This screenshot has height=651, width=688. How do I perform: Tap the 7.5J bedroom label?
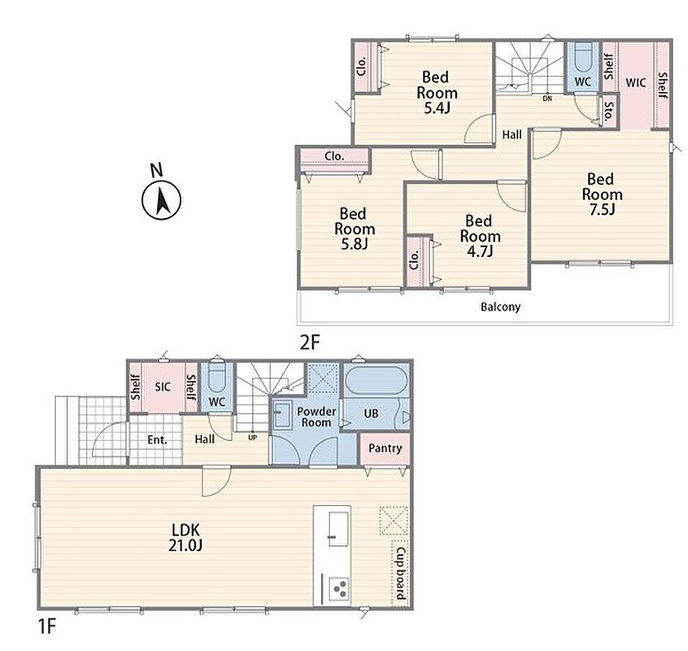click(602, 194)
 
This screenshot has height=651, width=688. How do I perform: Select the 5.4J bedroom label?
click(437, 93)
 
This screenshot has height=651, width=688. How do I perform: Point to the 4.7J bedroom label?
click(480, 236)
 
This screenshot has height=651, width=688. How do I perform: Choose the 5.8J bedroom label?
click(354, 229)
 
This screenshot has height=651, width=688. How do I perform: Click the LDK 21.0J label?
click(185, 537)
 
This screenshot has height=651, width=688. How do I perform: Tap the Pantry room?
click(385, 448)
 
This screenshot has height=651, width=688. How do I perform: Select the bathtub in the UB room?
click(377, 380)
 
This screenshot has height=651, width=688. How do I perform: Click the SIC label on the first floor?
click(163, 387)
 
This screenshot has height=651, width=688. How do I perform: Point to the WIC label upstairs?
click(635, 82)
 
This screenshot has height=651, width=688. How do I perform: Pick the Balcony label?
click(501, 307)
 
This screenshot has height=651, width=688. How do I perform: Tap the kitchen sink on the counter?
click(338, 528)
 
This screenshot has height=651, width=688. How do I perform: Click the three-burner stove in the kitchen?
click(338, 589)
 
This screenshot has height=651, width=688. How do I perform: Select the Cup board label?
click(400, 573)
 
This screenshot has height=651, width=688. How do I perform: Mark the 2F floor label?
click(310, 343)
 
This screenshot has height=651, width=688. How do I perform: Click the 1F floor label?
click(47, 626)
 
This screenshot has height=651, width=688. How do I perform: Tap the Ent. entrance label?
click(157, 440)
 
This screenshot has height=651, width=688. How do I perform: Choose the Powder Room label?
click(316, 417)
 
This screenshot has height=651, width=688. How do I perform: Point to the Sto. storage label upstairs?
click(608, 111)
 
